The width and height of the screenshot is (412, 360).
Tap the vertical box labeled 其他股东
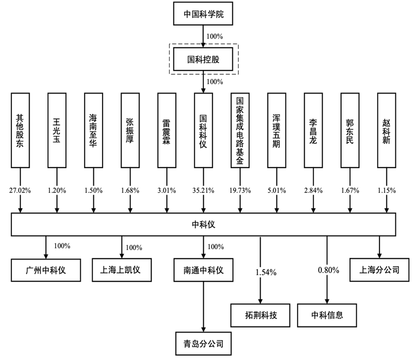coord(21,130)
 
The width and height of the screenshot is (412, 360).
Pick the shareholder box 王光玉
coord(57,130)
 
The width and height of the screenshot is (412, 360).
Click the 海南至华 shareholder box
coord(94,130)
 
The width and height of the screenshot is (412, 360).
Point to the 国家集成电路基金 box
coord(240,130)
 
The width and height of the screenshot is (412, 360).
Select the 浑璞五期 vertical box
coord(276,130)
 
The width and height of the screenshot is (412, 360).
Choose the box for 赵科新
coord(386,130)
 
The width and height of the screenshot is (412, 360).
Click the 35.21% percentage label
coord(203,190)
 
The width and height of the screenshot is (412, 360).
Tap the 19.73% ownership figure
coord(240,190)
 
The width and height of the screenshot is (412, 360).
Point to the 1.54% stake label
coord(266,272)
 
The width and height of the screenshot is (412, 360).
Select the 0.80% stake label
coord(328,271)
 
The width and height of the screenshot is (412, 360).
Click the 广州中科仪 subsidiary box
coord(45,270)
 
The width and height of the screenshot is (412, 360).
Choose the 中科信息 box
coord(327,316)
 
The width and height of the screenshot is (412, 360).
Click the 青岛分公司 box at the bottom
coord(203,343)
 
